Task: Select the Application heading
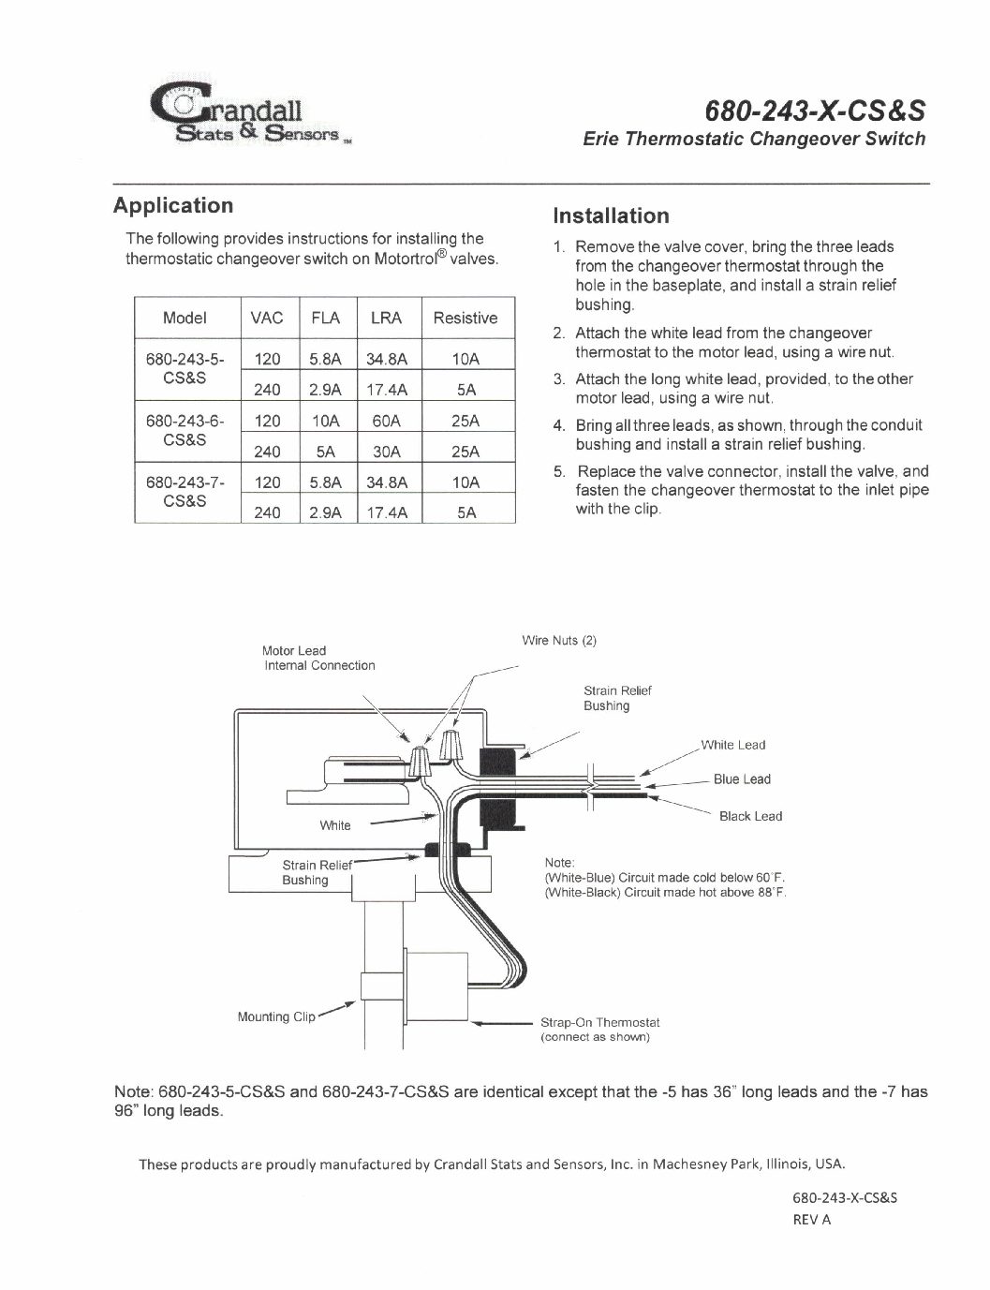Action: click(x=172, y=205)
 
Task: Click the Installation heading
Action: click(x=611, y=215)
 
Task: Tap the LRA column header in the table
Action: click(x=386, y=318)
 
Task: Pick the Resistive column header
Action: click(x=465, y=318)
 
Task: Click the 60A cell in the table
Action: click(x=386, y=421)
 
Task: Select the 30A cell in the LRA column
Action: click(x=386, y=452)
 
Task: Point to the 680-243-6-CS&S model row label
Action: click(x=185, y=430)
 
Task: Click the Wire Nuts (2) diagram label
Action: click(x=559, y=641)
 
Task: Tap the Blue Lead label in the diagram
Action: click(x=742, y=779)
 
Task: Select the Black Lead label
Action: click(x=750, y=816)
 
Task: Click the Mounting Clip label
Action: click(x=276, y=1016)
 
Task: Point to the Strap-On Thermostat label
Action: click(x=600, y=1023)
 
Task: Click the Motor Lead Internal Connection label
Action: click(x=318, y=658)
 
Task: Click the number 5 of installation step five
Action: click(x=557, y=471)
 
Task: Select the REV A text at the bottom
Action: click(x=812, y=1219)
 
